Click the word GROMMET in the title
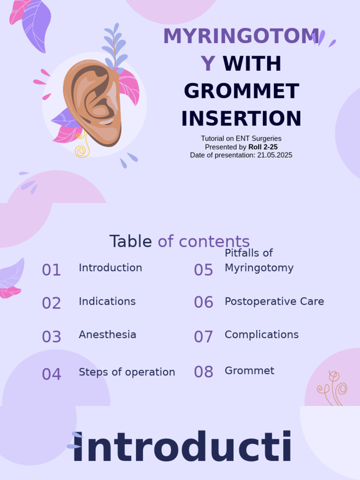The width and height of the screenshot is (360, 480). (x=241, y=91)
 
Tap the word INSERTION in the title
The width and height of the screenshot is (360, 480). (x=241, y=119)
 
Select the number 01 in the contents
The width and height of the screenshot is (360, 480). (x=52, y=270)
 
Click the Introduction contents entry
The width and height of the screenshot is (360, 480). (x=110, y=268)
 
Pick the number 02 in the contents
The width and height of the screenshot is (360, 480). (x=52, y=303)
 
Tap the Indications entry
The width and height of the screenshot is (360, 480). (x=107, y=301)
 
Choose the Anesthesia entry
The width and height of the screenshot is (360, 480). (x=107, y=335)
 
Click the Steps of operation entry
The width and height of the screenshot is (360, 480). (x=127, y=372)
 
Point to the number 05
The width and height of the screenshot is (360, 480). (x=203, y=270)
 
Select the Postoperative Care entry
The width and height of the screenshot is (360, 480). (x=274, y=301)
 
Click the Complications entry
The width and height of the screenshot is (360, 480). (x=262, y=335)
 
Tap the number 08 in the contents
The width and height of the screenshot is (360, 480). (x=203, y=372)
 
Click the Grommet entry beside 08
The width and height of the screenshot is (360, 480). (x=249, y=371)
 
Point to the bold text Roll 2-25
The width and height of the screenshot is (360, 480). (x=263, y=147)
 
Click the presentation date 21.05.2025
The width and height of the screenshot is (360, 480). (x=275, y=155)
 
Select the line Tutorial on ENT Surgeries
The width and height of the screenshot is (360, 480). (x=241, y=138)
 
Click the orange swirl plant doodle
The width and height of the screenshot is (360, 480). (x=333, y=387)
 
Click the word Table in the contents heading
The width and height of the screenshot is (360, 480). (x=131, y=241)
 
